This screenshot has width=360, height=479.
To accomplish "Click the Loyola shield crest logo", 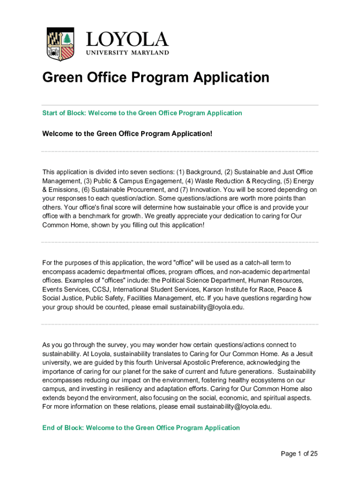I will tap(60, 44).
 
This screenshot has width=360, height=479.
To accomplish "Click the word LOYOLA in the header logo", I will tap(126, 40).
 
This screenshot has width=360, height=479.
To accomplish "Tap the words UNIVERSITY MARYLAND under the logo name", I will tap(127, 53).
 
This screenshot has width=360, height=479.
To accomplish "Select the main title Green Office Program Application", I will tap(156, 77).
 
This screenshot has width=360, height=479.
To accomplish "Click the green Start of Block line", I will tap(142, 113).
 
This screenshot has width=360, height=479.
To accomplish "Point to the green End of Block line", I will tap(141, 428).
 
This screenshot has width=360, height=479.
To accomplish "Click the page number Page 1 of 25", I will tap(299, 454).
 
